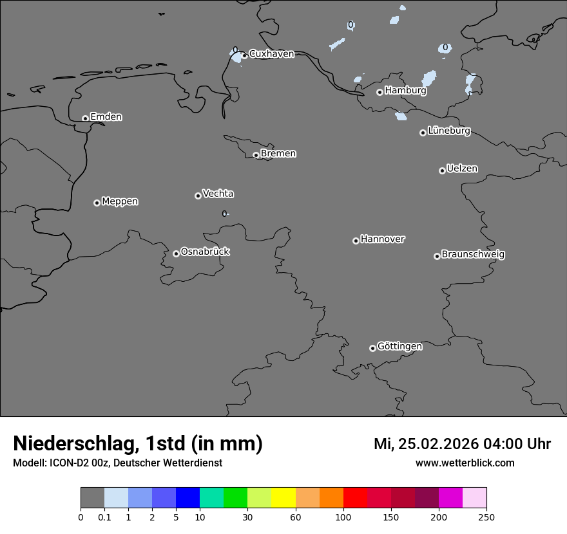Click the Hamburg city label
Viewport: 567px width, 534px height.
405,91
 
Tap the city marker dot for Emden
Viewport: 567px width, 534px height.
85,118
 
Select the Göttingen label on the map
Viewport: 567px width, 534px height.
399,346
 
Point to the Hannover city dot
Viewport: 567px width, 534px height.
356,241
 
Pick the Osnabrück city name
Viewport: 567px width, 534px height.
205,252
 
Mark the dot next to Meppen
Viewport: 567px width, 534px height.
97,203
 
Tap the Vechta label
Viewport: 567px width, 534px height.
218,194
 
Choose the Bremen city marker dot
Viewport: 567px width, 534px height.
256,155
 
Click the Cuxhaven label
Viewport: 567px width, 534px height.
271,54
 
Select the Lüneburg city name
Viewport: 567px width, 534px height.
448,131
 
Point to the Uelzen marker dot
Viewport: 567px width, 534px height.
442,170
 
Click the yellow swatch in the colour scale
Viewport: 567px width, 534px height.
283,498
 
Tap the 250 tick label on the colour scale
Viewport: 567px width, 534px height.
486,517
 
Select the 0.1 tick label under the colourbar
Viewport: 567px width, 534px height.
104,517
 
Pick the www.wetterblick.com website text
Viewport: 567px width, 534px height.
465,463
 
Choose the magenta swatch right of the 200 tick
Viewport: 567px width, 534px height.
450,498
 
